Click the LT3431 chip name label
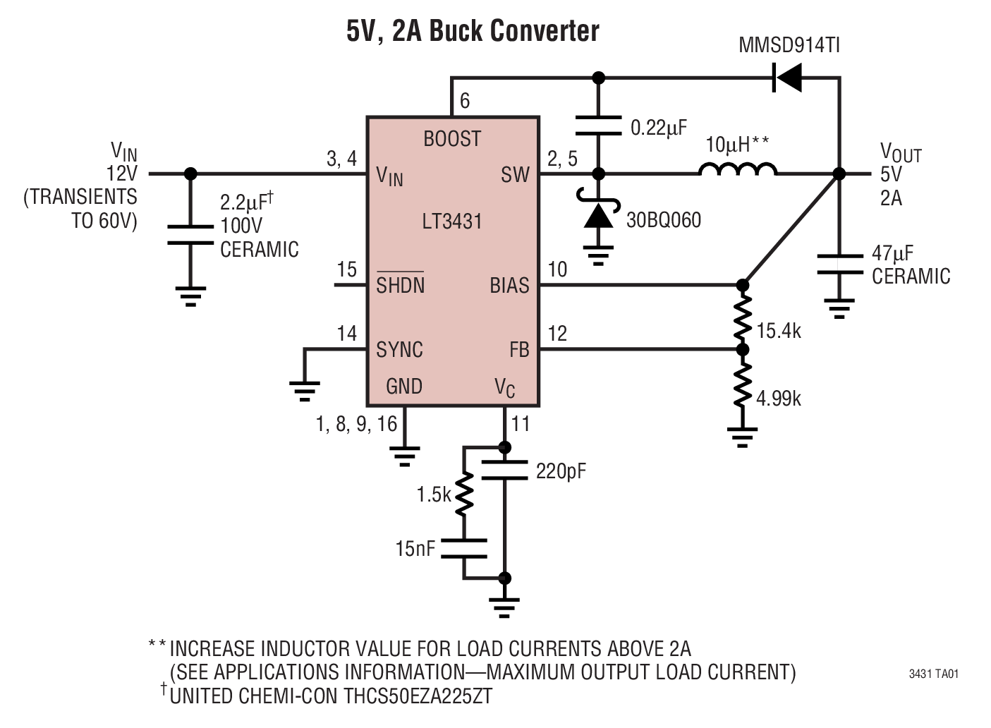[x=452, y=222]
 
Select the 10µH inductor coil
[x=738, y=169]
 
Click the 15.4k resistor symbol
[x=742, y=317]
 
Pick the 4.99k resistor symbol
[x=742, y=385]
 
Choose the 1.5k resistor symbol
[x=463, y=495]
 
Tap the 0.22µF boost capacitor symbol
[x=598, y=125]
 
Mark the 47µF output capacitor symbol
[x=839, y=264]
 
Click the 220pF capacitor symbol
[x=504, y=471]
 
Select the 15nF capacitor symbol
[x=463, y=548]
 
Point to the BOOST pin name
[x=452, y=139]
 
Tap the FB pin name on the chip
[x=519, y=350]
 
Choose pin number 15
[x=346, y=269]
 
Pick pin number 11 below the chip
[x=521, y=424]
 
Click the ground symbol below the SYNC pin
[x=304, y=389]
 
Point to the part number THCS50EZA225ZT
[x=418, y=696]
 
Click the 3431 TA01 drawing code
[x=933, y=674]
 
